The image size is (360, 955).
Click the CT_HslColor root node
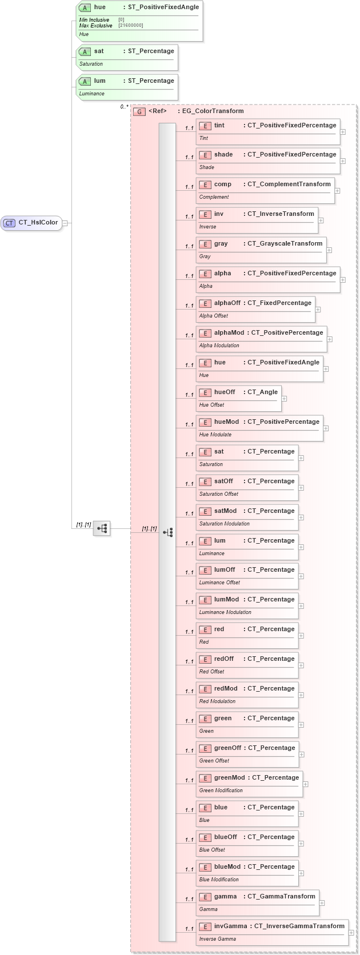(x=32, y=223)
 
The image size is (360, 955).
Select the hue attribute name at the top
(x=100, y=7)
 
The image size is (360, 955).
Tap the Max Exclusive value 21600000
(x=131, y=26)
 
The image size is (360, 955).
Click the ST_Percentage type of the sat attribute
(x=151, y=51)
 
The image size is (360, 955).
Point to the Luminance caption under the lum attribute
(x=92, y=94)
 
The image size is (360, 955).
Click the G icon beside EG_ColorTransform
(x=139, y=112)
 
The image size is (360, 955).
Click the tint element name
(x=219, y=126)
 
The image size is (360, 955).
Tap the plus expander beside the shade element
(x=343, y=161)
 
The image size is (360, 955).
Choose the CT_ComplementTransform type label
(x=289, y=184)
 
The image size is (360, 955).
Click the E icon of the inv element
(x=205, y=215)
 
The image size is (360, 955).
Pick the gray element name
(x=221, y=244)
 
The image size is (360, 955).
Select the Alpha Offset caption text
(x=214, y=316)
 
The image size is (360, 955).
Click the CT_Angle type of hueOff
(x=262, y=392)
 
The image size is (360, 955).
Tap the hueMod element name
(x=227, y=422)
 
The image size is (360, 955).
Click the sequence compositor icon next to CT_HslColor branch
(x=102, y=528)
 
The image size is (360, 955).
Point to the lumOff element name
(x=225, y=570)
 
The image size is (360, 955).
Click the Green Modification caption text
(x=221, y=791)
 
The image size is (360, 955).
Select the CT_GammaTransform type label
(x=281, y=897)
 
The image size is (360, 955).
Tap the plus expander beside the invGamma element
(x=351, y=933)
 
